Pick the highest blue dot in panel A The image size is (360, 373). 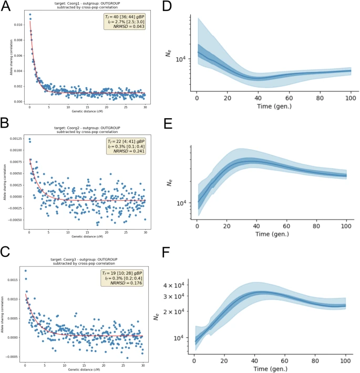coord(29,14)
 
